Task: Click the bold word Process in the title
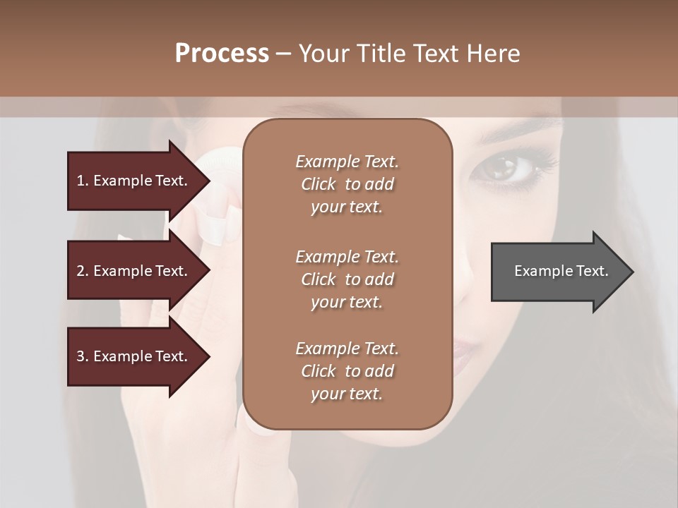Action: (222, 54)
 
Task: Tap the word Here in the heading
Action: (494, 54)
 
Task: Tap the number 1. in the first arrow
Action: (82, 181)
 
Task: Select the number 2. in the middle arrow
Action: (82, 271)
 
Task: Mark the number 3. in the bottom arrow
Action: (82, 356)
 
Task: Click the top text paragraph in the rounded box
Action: (347, 184)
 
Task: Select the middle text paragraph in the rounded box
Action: (347, 279)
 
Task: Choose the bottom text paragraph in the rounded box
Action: (347, 371)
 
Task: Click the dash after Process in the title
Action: (283, 54)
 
